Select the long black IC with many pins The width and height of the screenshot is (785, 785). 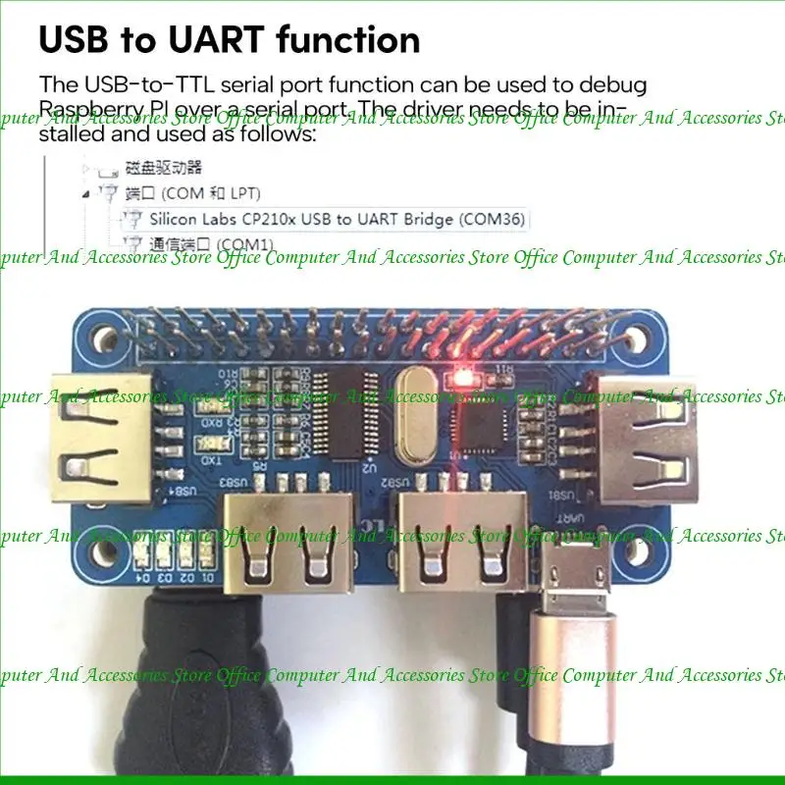tap(363, 413)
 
